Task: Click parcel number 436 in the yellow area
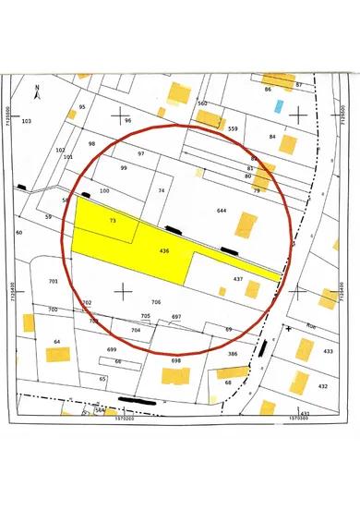(x=164, y=250)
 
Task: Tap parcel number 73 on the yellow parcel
(x=113, y=222)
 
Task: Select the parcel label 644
(x=222, y=211)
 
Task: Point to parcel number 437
(x=237, y=278)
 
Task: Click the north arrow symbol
(x=37, y=91)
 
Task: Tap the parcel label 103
(x=26, y=121)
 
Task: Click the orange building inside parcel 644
(x=246, y=225)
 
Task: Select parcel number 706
(x=156, y=302)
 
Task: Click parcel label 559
(x=233, y=128)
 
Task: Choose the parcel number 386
(x=233, y=353)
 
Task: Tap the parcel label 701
(x=54, y=280)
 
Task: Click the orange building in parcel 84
(x=288, y=144)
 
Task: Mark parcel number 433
(x=327, y=351)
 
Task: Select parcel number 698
(x=175, y=361)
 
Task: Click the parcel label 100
(x=104, y=190)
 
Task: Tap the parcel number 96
(x=128, y=121)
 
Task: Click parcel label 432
(x=322, y=385)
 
